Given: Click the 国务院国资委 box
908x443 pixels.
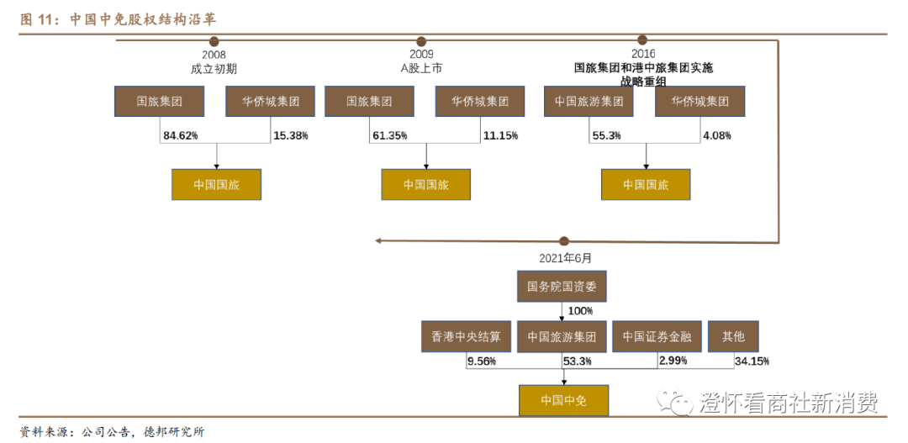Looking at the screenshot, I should pyautogui.click(x=562, y=287).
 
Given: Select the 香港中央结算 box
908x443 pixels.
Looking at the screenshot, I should pyautogui.click(x=466, y=336).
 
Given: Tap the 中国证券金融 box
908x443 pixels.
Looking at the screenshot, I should pyautogui.click(x=657, y=336).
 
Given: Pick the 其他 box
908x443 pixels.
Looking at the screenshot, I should pyautogui.click(x=732, y=336).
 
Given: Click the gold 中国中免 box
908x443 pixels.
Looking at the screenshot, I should pyautogui.click(x=562, y=399).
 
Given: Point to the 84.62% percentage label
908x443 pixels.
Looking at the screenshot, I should pyautogui.click(x=181, y=134).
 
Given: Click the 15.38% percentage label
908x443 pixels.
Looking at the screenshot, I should pyautogui.click(x=291, y=134).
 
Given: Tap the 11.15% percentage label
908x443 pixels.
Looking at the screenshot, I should pyautogui.click(x=501, y=134).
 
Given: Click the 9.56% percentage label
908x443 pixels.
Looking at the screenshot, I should pyautogui.click(x=482, y=361).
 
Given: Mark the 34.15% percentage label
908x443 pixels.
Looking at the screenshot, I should pyautogui.click(x=752, y=361).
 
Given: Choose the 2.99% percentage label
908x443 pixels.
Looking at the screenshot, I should pyautogui.click(x=673, y=361).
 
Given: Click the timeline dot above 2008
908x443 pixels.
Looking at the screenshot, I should pyautogui.click(x=214, y=41).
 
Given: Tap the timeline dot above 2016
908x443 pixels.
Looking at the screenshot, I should pyautogui.click(x=642, y=40).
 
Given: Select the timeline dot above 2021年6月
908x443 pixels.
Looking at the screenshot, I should pyautogui.click(x=563, y=241).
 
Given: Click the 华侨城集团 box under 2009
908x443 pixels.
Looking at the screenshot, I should pyautogui.click(x=480, y=101).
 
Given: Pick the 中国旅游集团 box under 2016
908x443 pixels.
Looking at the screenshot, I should pyautogui.click(x=589, y=101).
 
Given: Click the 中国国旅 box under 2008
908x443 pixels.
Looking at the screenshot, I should pyautogui.click(x=216, y=184).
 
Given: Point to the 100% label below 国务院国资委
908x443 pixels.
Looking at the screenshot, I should pyautogui.click(x=580, y=311).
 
